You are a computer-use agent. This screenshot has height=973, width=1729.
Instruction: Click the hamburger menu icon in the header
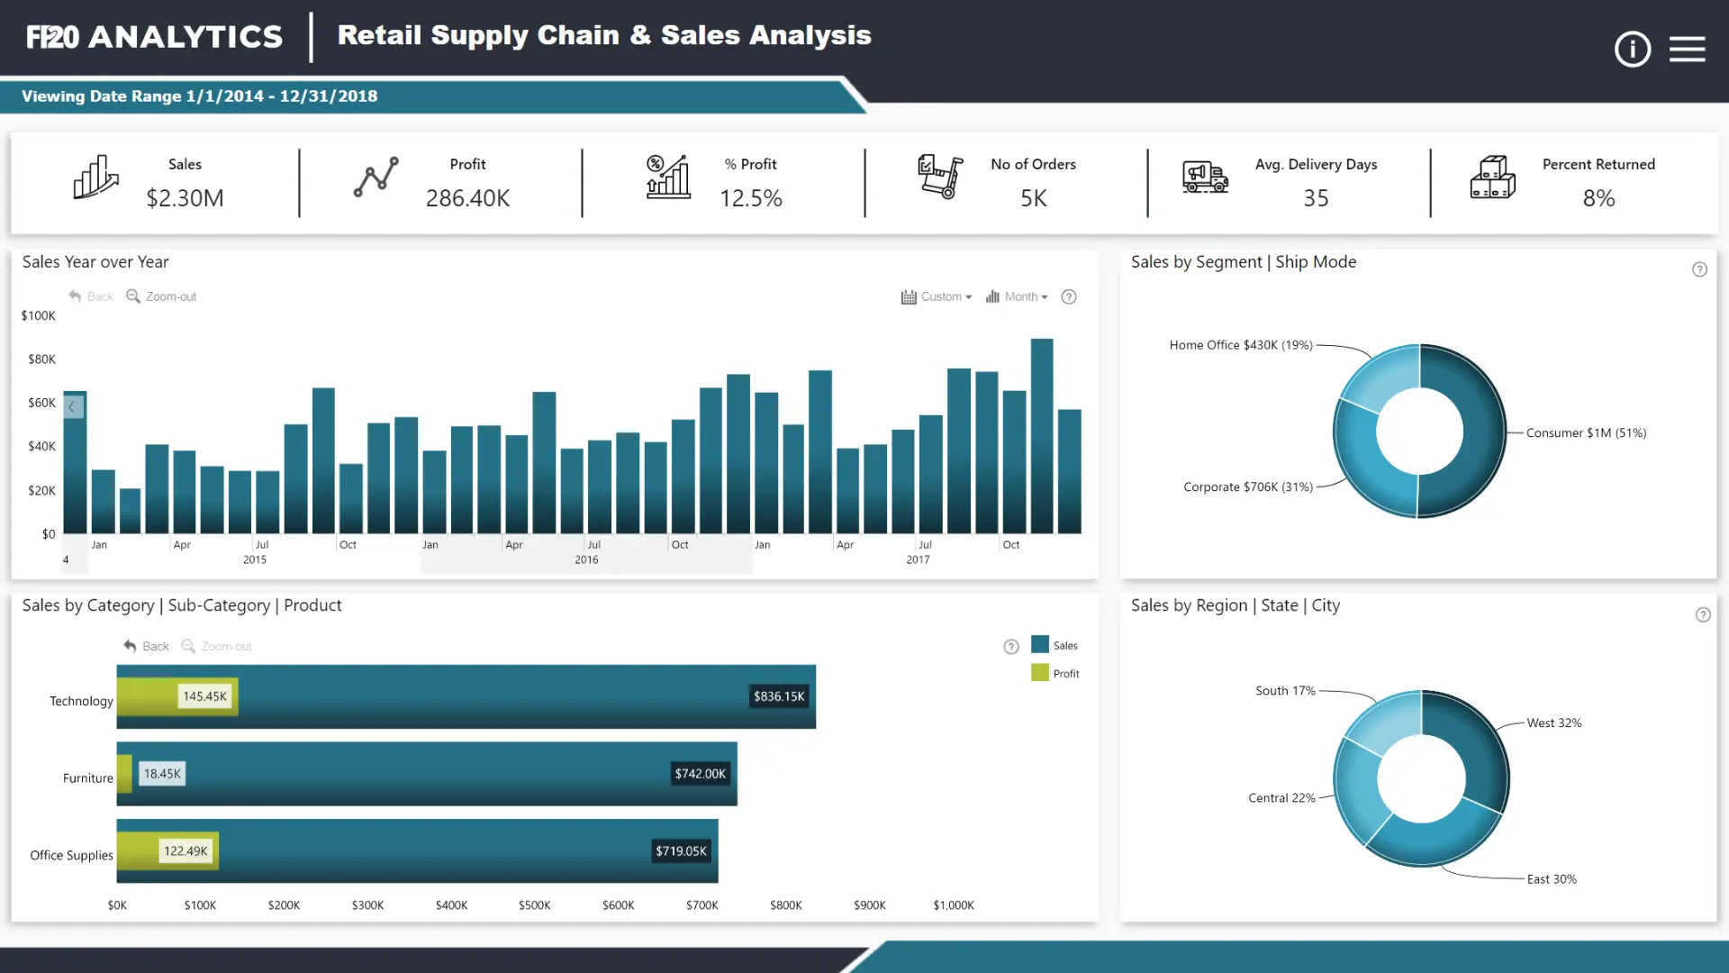tap(1687, 49)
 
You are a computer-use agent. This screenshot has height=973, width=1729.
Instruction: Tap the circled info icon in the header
tap(1632, 49)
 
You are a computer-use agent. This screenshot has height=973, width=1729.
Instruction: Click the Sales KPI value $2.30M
tap(185, 198)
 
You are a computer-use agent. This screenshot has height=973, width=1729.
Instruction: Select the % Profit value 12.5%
tap(750, 198)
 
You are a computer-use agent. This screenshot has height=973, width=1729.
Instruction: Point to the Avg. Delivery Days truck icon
tap(1205, 177)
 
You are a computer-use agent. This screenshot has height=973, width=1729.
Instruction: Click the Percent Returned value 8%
tap(1598, 198)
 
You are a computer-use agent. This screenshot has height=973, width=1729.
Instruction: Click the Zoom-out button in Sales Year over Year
tap(161, 296)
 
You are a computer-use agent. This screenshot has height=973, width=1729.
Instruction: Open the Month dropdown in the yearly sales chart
tap(1017, 296)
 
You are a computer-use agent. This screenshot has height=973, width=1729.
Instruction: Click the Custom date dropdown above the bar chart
tap(937, 296)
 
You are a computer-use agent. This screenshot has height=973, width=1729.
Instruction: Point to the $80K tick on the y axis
tap(41, 359)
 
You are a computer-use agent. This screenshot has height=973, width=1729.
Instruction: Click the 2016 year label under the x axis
tap(586, 559)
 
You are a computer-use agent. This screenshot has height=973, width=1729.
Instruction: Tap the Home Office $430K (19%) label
tap(1240, 345)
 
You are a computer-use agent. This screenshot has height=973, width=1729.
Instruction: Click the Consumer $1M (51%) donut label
tap(1586, 432)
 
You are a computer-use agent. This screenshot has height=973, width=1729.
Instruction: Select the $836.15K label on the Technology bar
tap(779, 696)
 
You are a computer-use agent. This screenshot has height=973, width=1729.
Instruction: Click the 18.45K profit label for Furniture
tap(162, 774)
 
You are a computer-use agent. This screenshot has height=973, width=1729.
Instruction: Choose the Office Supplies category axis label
tap(71, 855)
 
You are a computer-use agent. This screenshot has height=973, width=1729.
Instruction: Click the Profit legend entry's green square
tap(1040, 673)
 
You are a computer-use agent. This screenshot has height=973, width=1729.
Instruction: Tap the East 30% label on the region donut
tap(1552, 879)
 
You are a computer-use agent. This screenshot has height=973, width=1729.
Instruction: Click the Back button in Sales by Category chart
tap(147, 646)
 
